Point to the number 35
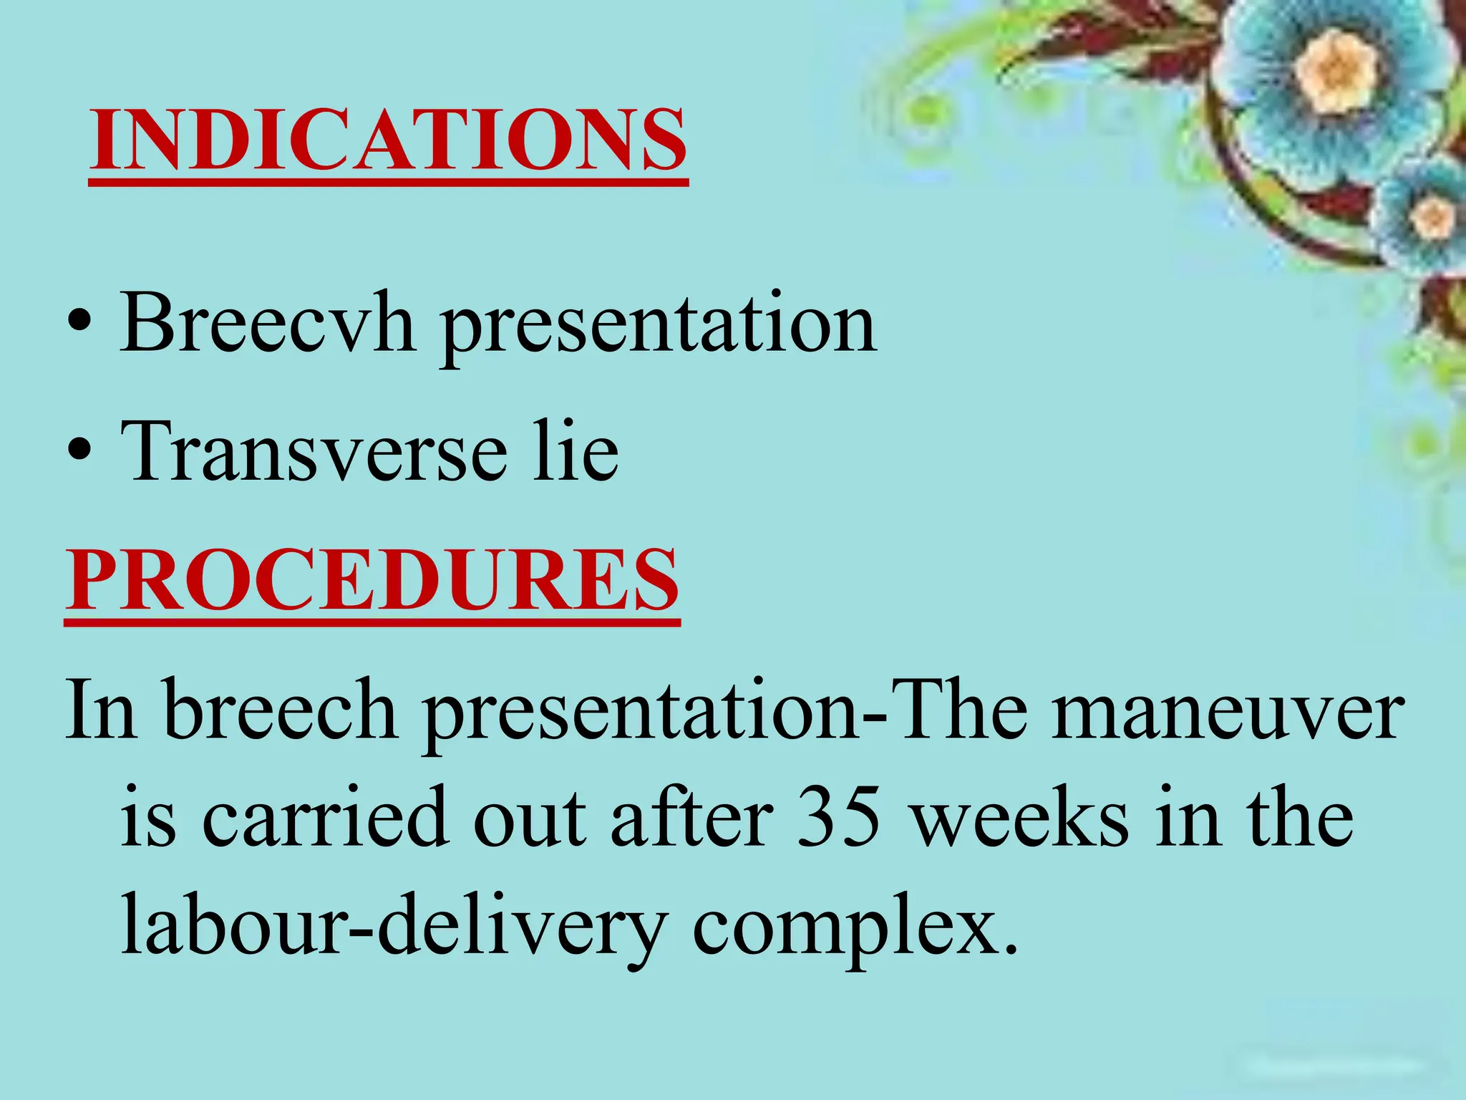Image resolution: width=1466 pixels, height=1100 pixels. pos(838,817)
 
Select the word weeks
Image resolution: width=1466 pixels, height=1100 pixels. pos(1021,817)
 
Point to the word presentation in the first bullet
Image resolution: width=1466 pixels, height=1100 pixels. pos(658,326)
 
